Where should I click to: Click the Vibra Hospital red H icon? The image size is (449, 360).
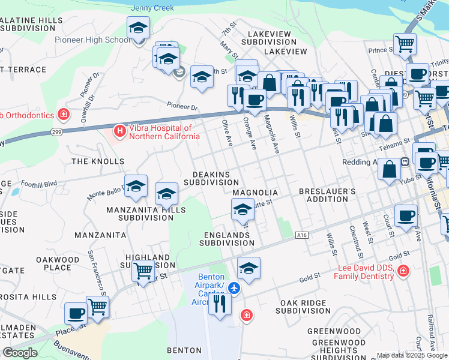click(119, 130)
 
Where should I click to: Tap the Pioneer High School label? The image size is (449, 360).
click(92, 40)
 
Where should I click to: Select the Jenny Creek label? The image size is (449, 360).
click(152, 8)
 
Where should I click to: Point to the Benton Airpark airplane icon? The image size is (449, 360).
click(234, 289)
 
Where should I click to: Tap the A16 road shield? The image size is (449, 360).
click(302, 235)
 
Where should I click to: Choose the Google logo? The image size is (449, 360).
click(20, 353)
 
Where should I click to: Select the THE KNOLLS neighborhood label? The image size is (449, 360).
click(98, 161)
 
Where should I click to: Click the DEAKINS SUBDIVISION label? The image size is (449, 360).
click(211, 178)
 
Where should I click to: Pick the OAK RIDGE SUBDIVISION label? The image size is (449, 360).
click(303, 307)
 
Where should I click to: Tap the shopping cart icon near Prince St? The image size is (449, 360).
click(405, 43)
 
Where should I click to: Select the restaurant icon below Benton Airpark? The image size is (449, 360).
click(220, 304)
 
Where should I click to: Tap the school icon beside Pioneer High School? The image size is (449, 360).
click(138, 28)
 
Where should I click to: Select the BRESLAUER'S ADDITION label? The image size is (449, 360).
click(328, 196)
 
